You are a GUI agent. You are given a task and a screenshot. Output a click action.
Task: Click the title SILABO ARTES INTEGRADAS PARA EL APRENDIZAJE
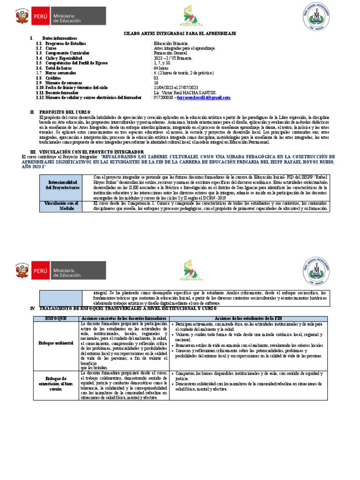[180, 34]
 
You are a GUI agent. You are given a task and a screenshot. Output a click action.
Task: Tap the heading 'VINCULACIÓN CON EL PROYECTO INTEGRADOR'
[91, 152]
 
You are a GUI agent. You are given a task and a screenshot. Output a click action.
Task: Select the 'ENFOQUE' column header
[56, 318]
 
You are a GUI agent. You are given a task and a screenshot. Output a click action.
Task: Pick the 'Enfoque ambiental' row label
[56, 344]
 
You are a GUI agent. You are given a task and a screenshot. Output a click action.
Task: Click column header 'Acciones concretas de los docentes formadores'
[125, 318]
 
